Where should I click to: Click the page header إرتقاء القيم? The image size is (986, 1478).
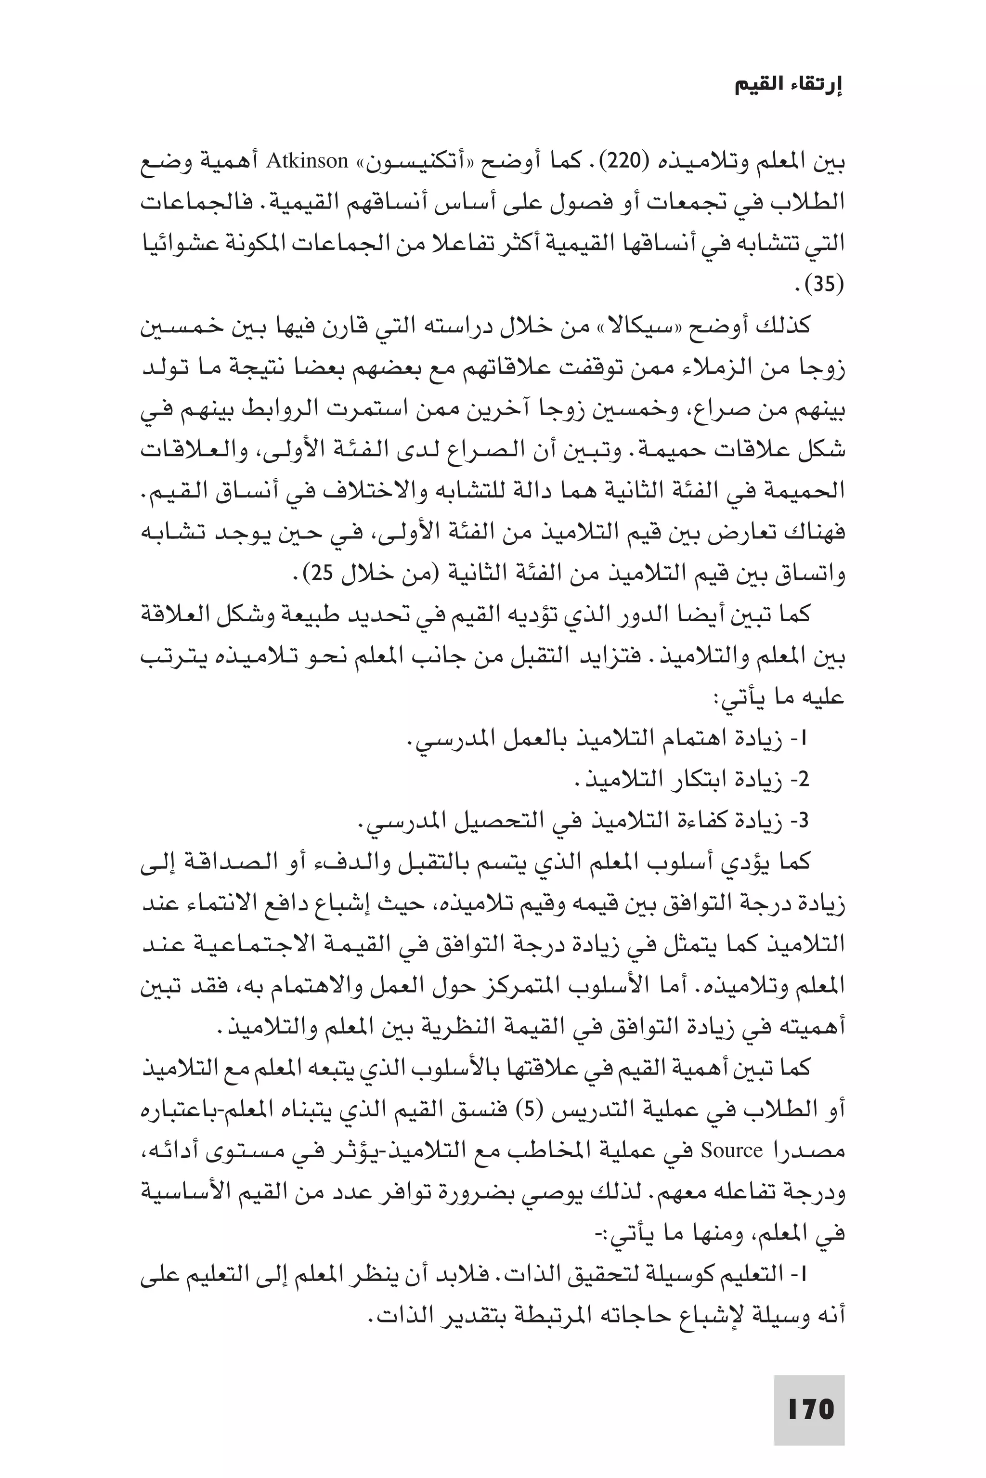(x=789, y=86)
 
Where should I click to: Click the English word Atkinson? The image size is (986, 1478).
(x=308, y=162)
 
